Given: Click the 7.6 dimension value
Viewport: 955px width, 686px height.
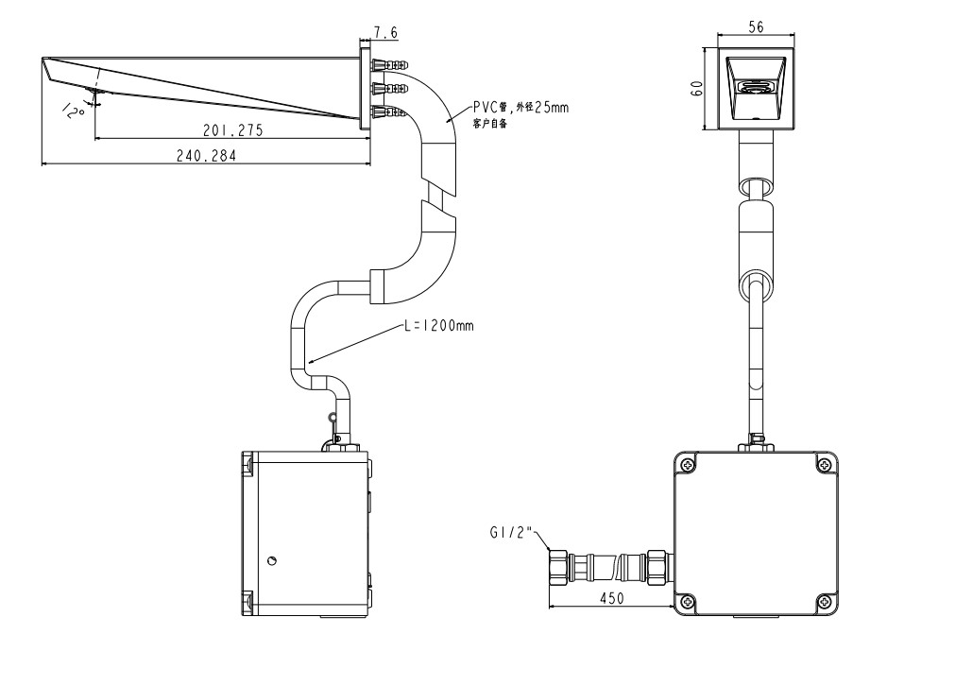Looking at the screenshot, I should pyautogui.click(x=385, y=33).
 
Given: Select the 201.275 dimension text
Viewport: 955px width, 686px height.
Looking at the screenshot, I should pyautogui.click(x=231, y=130).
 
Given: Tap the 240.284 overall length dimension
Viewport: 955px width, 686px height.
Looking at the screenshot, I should pyautogui.click(x=206, y=156).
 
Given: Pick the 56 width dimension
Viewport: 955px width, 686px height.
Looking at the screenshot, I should pyautogui.click(x=756, y=28).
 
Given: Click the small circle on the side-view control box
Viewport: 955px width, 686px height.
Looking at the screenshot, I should pyautogui.click(x=272, y=561).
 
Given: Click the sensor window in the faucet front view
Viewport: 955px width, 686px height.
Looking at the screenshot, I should pyautogui.click(x=756, y=88).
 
